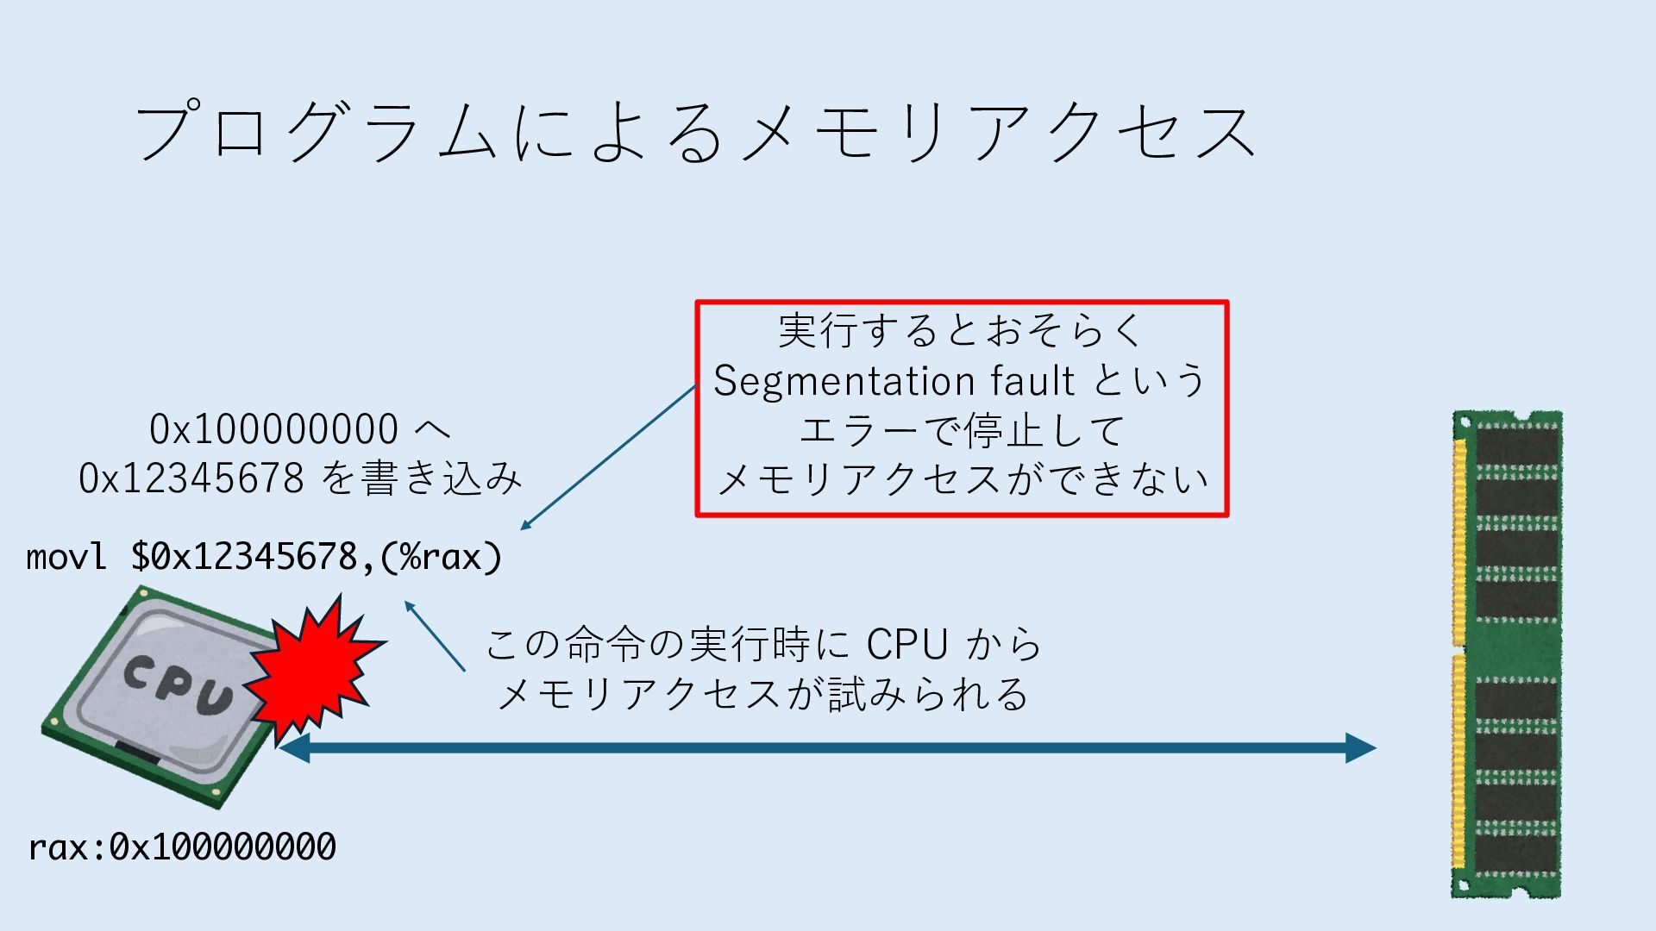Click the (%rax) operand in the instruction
tap(441, 557)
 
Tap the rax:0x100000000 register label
tap(182, 847)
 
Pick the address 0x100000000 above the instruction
tap(273, 429)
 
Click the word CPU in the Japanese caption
tap(906, 644)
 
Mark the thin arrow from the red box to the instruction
tap(609, 457)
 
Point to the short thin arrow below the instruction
tap(435, 636)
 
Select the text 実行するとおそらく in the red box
tap(961, 331)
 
